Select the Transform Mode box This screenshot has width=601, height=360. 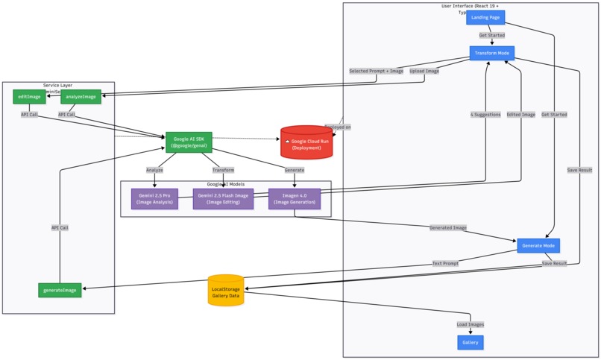click(x=491, y=53)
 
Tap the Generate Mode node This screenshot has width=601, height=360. click(x=538, y=245)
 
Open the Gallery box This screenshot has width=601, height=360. click(x=470, y=342)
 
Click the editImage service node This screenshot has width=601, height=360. click(x=29, y=96)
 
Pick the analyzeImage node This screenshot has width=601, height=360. click(x=81, y=96)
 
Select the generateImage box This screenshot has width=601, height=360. click(x=60, y=290)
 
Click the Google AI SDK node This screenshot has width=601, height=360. click(x=189, y=142)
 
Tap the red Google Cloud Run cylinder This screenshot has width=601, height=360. click(x=306, y=142)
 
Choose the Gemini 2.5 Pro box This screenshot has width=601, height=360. click(x=154, y=198)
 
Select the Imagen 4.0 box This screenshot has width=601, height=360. click(x=294, y=198)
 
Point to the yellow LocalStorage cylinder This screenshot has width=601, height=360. click(x=226, y=291)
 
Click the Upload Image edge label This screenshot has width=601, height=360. click(x=424, y=71)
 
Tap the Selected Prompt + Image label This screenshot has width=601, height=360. click(x=376, y=71)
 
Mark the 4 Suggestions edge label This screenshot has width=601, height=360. click(x=485, y=115)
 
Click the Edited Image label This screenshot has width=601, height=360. click(x=520, y=115)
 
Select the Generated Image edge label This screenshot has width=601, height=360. click(x=447, y=227)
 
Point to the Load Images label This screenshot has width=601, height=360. click(x=470, y=324)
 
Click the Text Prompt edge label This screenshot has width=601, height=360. click(x=445, y=263)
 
